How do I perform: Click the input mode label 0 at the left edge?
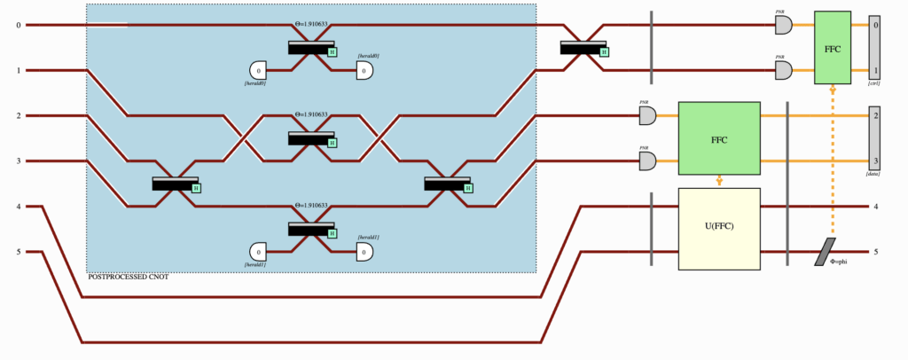coord(18,25)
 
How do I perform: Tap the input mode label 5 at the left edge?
coord(18,252)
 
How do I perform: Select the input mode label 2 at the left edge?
coord(18,116)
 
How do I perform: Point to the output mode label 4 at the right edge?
coord(876,207)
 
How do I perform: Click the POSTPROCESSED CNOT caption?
coord(128,278)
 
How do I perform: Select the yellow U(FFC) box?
coord(719,229)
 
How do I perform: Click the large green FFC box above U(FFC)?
coord(719,138)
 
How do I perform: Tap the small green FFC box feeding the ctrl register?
coord(833,47)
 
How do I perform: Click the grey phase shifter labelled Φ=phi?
coord(826,252)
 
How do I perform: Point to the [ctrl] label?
coord(874,83)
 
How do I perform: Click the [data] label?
coord(874,175)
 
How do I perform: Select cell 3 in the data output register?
coord(875,160)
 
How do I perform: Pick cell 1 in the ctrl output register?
coord(875,70)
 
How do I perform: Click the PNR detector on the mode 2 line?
coord(647,115)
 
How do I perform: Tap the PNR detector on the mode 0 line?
coord(784,25)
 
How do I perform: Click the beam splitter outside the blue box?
coord(583,47)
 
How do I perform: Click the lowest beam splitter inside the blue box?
coord(311,229)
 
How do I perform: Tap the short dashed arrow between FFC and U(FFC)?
coord(719,181)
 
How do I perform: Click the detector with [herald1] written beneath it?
coord(259,252)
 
